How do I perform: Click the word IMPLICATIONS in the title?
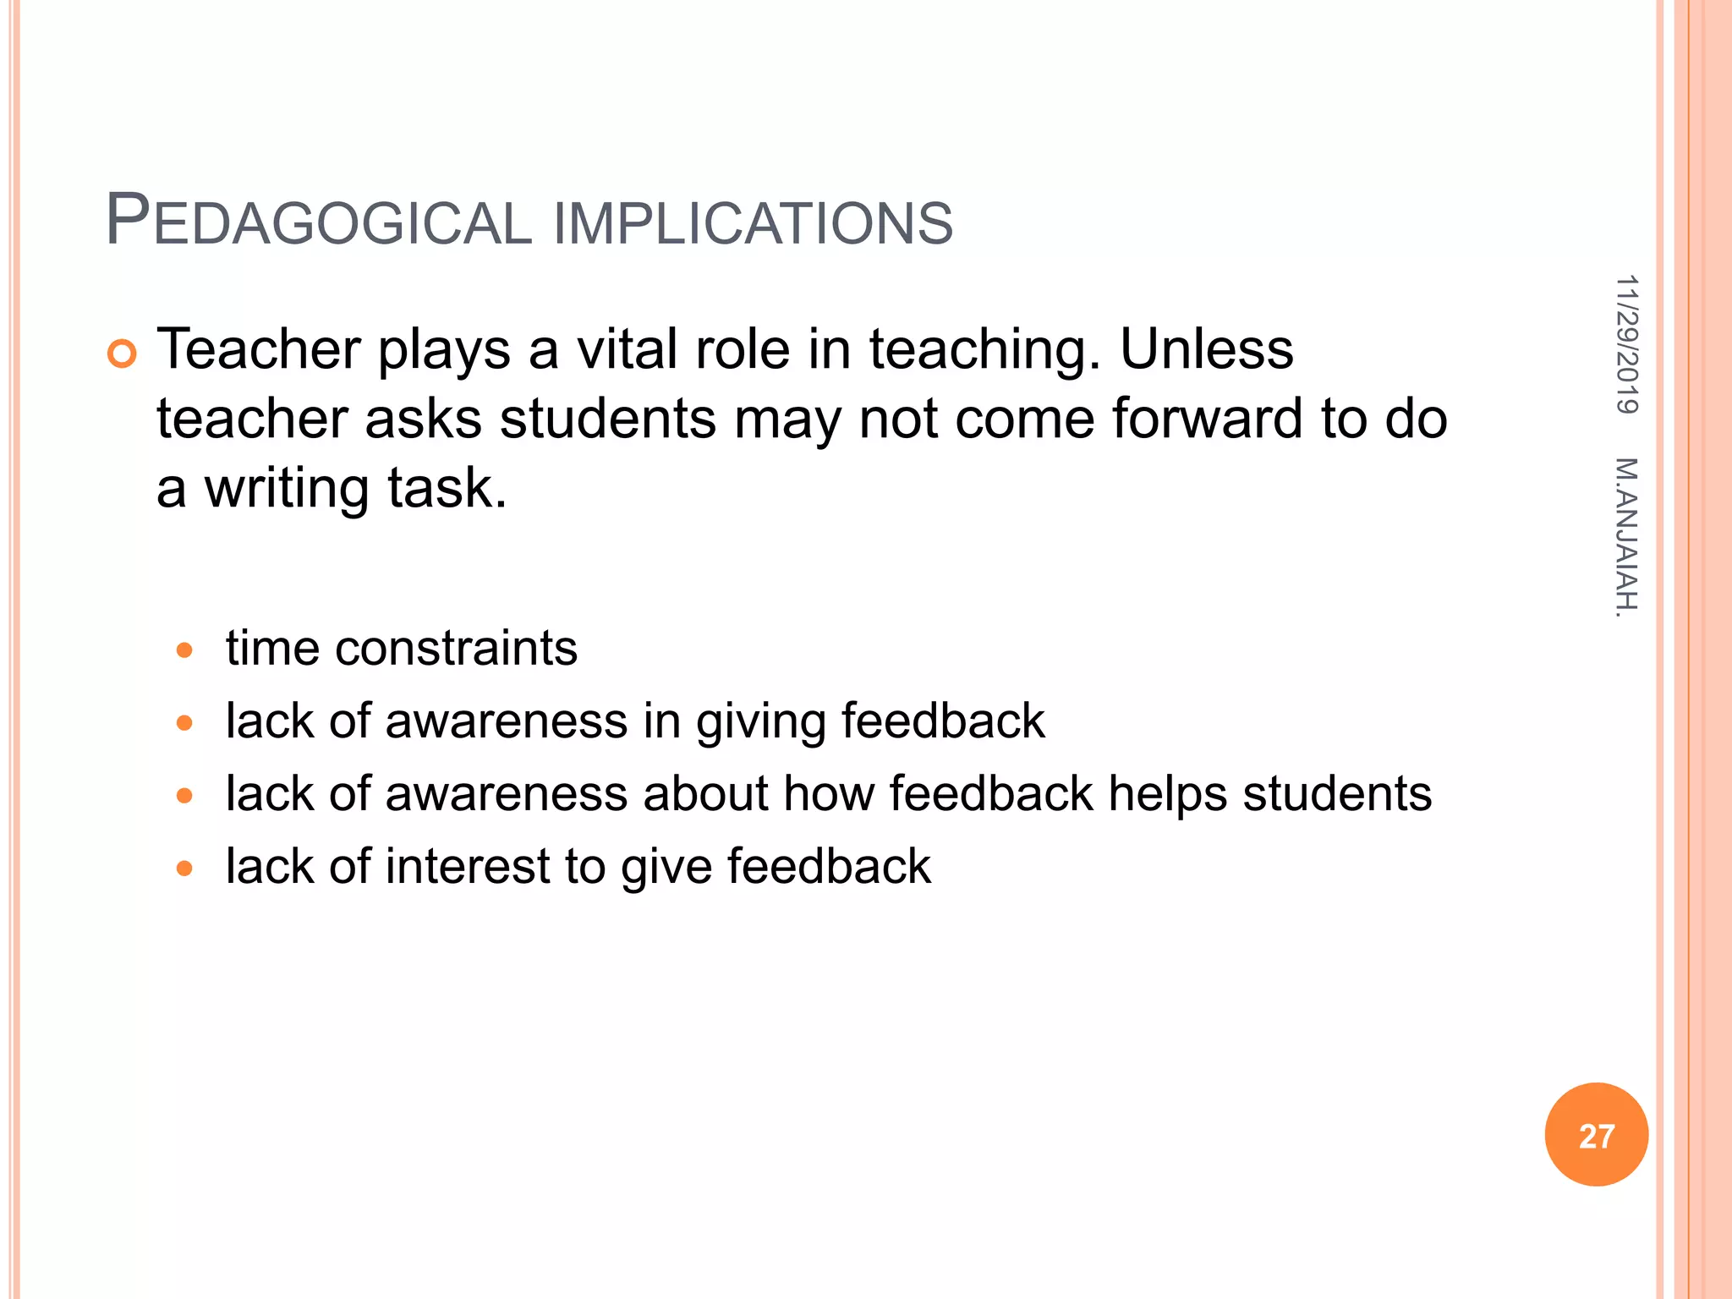pos(753,223)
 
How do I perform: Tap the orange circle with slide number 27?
pos(1596,1135)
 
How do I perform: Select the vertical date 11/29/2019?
pos(1626,344)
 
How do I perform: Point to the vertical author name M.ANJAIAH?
pos(1625,537)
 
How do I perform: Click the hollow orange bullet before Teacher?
pos(122,354)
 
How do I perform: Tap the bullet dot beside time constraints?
pos(184,650)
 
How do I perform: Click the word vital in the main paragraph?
pos(627,348)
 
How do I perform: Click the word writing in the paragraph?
pos(288,489)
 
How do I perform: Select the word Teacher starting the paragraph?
pos(259,348)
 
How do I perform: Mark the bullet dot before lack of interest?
pos(184,869)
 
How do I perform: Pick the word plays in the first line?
pos(444,350)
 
